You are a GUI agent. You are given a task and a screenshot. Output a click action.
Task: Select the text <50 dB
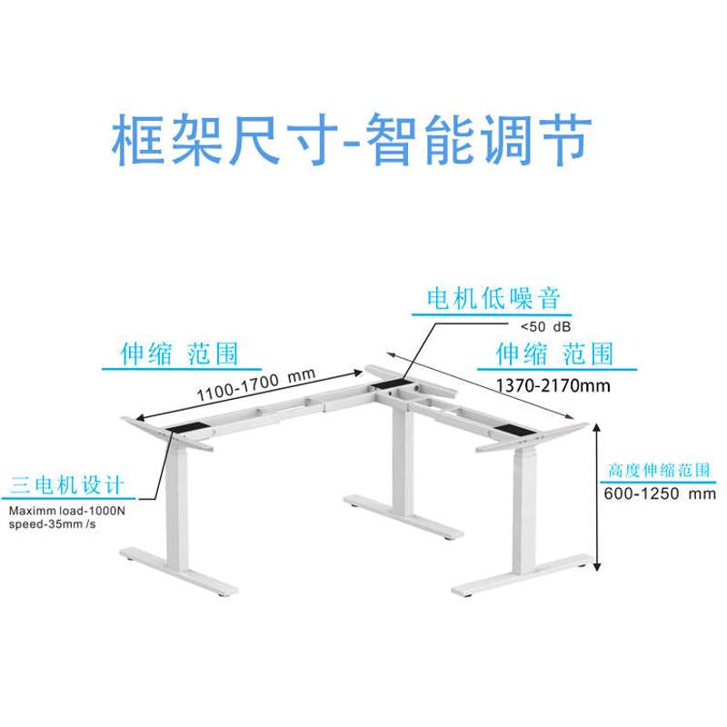(x=544, y=326)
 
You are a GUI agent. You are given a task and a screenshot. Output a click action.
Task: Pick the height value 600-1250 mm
(x=658, y=494)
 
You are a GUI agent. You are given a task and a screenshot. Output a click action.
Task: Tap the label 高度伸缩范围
(x=659, y=472)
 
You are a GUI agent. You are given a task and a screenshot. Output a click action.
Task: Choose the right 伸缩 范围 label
(x=553, y=354)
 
